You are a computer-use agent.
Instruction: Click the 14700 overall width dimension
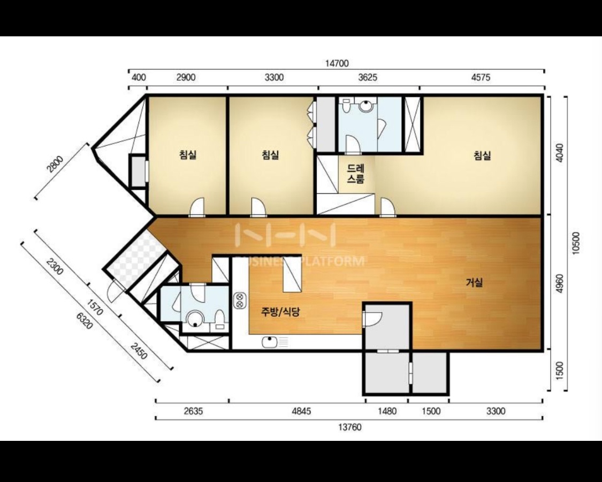pos(337,63)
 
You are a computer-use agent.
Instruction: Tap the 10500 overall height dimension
pos(575,243)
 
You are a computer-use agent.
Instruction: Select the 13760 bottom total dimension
pos(350,427)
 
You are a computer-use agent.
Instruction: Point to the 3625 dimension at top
pos(368,77)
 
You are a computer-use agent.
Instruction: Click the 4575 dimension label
pos(481,77)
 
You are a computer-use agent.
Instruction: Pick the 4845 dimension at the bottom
pos(301,411)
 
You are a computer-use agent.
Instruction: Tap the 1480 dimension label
pos(387,411)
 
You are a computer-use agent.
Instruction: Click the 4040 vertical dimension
pos(560,153)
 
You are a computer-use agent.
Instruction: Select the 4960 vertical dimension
pos(560,284)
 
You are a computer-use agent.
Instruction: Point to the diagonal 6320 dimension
pos(85,321)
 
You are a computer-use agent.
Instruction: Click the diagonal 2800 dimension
pos(55,165)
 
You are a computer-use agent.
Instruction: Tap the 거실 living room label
pos(474,283)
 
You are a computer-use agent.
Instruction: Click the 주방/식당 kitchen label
pos(280,312)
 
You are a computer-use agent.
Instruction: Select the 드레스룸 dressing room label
pos(355,174)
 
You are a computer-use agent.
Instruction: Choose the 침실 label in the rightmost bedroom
pos(482,156)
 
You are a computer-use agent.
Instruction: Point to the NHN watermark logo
pos(285,234)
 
